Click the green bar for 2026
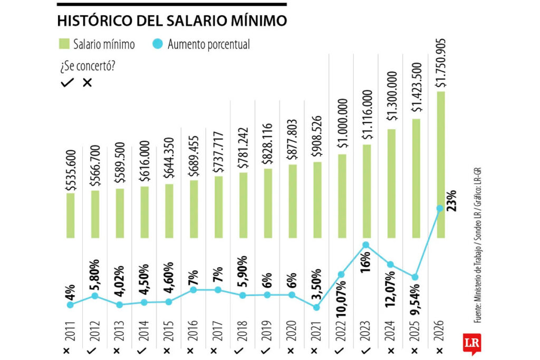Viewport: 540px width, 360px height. pyautogui.click(x=441, y=163)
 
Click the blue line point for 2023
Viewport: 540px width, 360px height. pyautogui.click(x=367, y=245)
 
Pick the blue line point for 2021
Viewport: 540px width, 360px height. pyautogui.click(x=317, y=307)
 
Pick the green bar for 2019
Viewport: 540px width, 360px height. pyautogui.click(x=267, y=203)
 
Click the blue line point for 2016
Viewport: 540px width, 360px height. pyautogui.click(x=194, y=290)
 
